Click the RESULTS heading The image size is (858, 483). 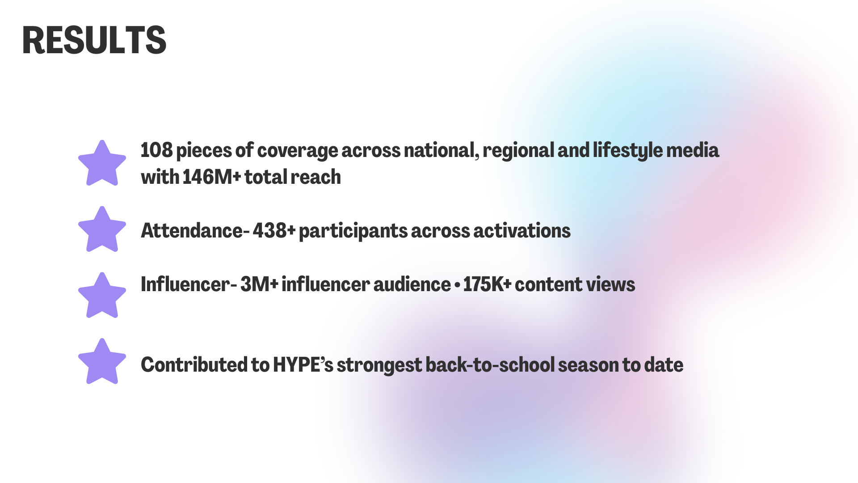point(94,40)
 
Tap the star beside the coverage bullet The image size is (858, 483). point(102,164)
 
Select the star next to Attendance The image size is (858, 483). point(102,230)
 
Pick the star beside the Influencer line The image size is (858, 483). point(102,297)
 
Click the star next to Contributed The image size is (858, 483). point(102,363)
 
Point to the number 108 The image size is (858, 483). point(156,150)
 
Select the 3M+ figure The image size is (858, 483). point(259,284)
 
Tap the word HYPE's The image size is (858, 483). point(303,365)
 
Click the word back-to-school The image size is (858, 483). point(490,365)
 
